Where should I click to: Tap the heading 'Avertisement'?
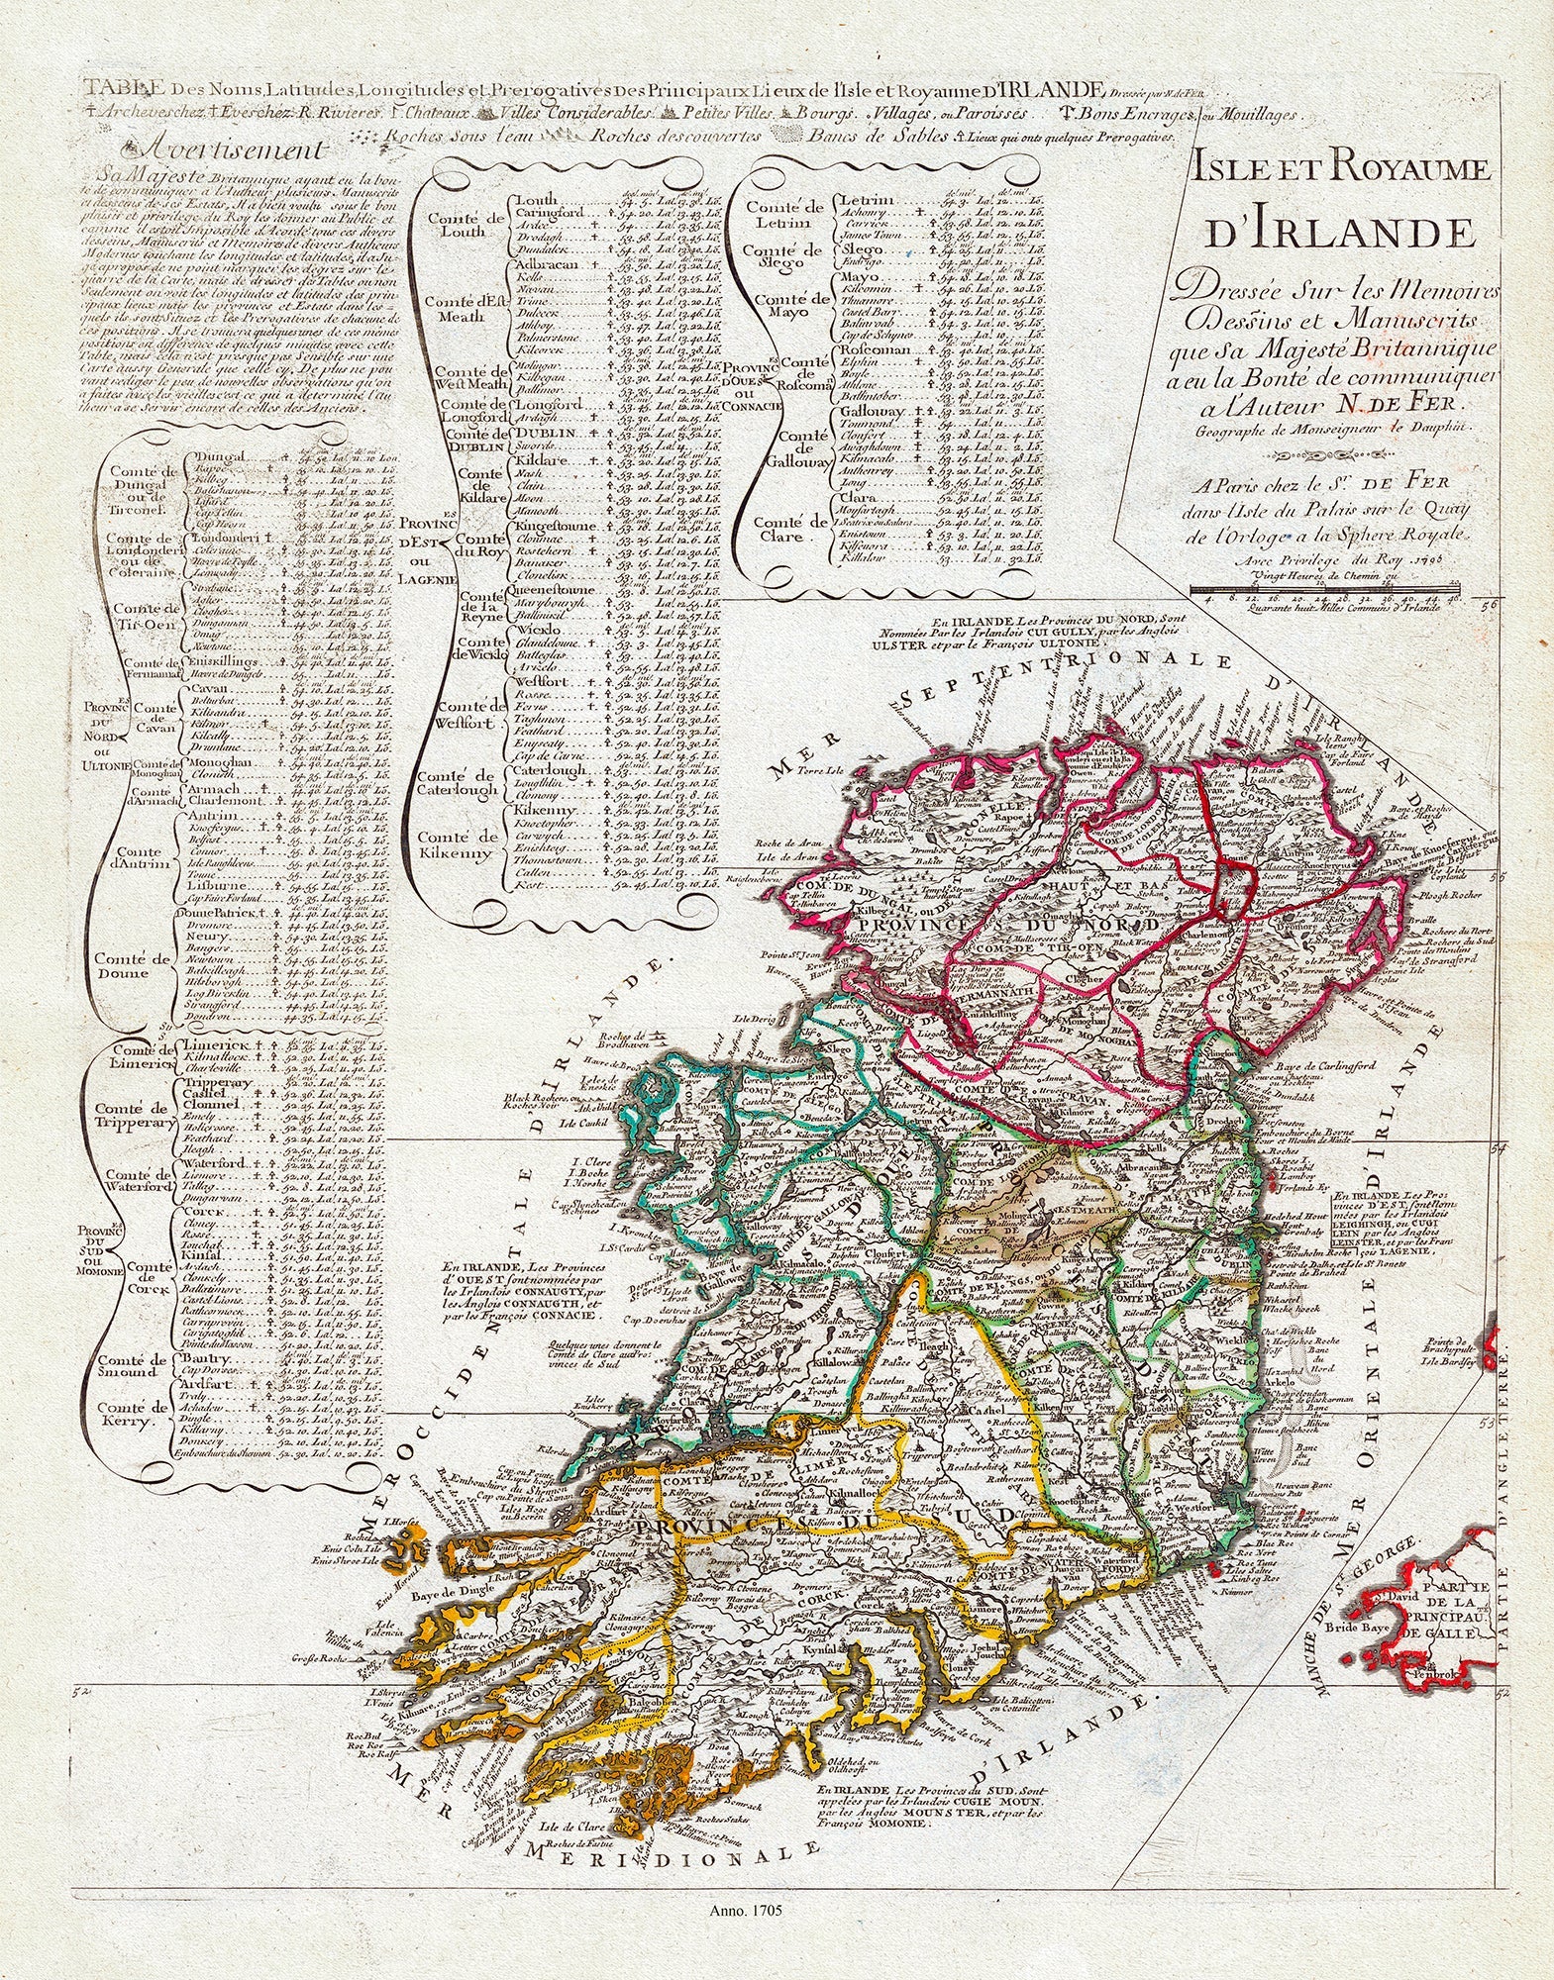tap(233, 150)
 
